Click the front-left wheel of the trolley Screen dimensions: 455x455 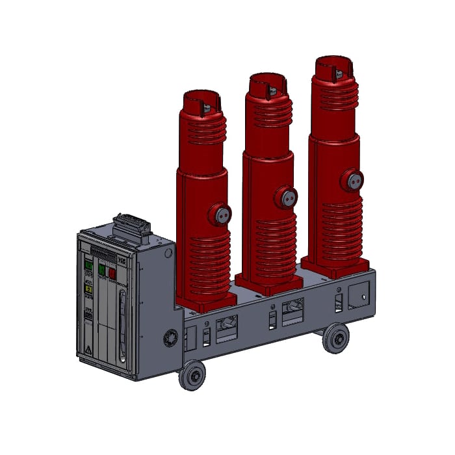pyautogui.click(x=192, y=376)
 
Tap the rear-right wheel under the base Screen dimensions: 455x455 pyautogui.click(x=335, y=338)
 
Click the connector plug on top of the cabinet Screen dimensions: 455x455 pyautogui.click(x=132, y=227)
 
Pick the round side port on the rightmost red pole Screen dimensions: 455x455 pyautogui.click(x=353, y=180)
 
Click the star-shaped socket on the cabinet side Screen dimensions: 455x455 pyautogui.click(x=172, y=337)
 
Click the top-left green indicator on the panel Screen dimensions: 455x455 pyautogui.click(x=88, y=265)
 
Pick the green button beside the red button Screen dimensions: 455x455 pyautogui.click(x=102, y=269)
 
